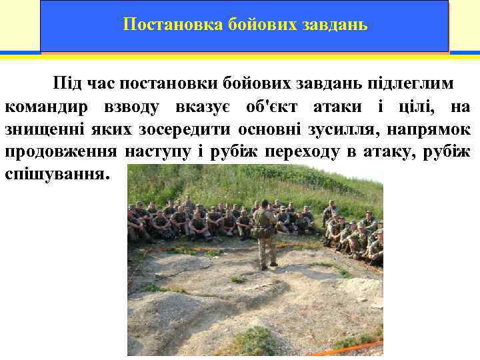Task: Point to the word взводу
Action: [x=130, y=107]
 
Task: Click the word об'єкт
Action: [x=271, y=107]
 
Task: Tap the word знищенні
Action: [x=39, y=129]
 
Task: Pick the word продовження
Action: [x=60, y=152]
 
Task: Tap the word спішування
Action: [x=55, y=175]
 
